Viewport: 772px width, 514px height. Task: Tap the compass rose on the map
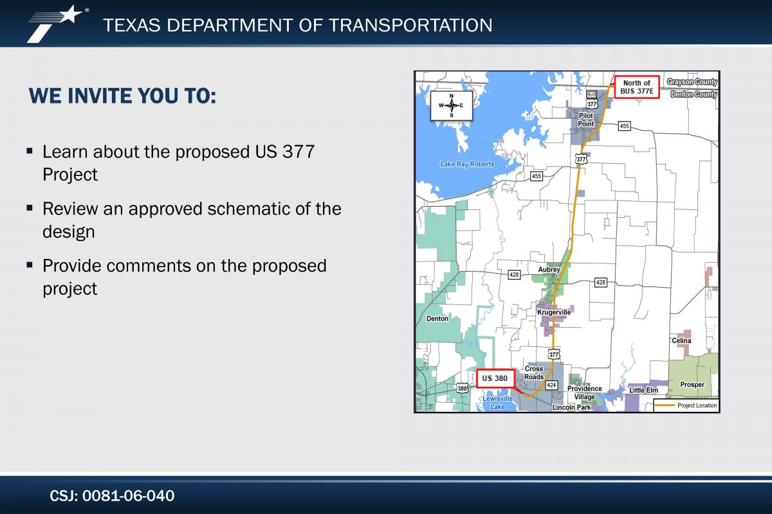[x=452, y=106]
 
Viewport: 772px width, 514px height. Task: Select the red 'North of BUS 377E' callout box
[x=637, y=87]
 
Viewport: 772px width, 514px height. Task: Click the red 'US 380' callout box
[x=495, y=378]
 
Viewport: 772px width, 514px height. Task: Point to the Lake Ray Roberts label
[x=467, y=164]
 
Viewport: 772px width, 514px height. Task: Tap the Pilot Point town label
[x=586, y=120]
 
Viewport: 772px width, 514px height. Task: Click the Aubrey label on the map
[x=549, y=270]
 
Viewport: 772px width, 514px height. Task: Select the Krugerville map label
[x=554, y=312]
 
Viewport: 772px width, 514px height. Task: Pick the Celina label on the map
[x=681, y=341]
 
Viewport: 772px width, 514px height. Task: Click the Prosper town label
[x=692, y=385]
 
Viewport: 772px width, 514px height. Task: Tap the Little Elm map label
[x=643, y=390]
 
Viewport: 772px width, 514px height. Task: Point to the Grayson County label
[x=692, y=82]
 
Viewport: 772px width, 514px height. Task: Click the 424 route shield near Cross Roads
[x=551, y=385]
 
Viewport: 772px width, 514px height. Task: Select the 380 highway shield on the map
[x=462, y=388]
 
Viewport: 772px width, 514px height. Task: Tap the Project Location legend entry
[x=686, y=405]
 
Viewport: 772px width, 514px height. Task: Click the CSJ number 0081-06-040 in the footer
[x=128, y=496]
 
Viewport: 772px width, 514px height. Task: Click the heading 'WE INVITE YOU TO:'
[x=122, y=96]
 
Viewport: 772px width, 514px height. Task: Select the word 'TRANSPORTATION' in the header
[x=410, y=25]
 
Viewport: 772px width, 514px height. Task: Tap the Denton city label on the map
[x=437, y=319]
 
